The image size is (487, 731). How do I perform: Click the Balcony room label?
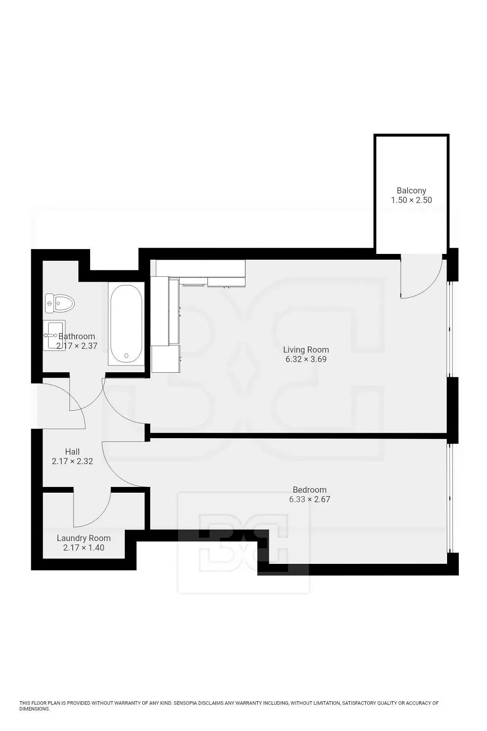(x=412, y=191)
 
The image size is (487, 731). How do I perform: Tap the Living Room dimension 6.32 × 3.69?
(x=306, y=359)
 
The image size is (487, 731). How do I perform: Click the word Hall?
(x=73, y=452)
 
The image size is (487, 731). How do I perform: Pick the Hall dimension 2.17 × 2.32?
(x=73, y=461)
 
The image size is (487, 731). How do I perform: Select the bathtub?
(x=126, y=324)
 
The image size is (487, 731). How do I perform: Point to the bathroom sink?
(x=54, y=334)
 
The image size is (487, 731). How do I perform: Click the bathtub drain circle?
(x=126, y=356)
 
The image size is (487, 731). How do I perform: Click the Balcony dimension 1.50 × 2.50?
(x=412, y=200)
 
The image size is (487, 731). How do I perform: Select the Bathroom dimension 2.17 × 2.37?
(x=76, y=346)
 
